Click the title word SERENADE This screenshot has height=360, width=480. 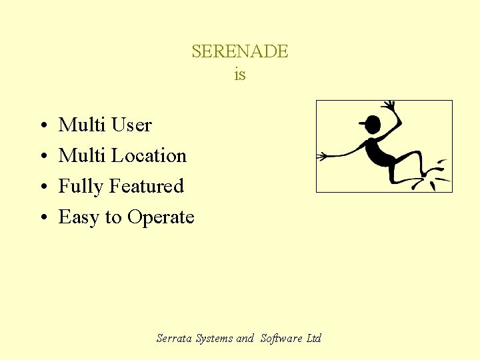coord(239,51)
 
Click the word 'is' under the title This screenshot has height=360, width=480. coord(239,75)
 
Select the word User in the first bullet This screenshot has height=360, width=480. coord(131,125)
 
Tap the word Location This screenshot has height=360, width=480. coord(149,155)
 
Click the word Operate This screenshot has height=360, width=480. coord(161,218)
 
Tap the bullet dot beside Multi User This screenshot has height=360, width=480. coord(42,126)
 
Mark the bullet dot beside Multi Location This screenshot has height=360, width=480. coord(42,157)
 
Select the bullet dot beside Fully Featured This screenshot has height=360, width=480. coord(42,187)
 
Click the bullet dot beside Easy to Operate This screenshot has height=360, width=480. coord(42,218)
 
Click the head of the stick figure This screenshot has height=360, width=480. coord(373,125)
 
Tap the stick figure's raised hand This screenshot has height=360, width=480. coord(389,106)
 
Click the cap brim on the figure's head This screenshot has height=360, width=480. coord(363,123)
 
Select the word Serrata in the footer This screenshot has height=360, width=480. coord(175,339)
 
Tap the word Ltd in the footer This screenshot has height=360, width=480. coord(313,339)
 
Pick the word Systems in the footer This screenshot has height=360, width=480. coord(215,339)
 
